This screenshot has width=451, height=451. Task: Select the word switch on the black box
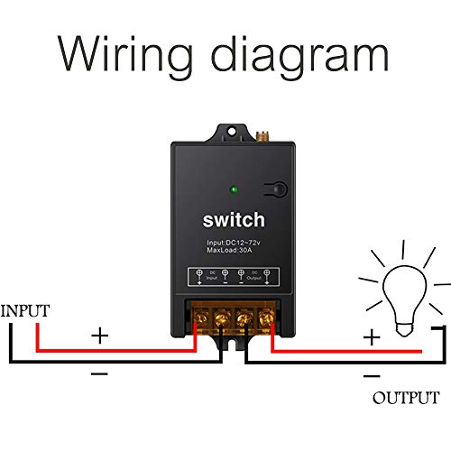(x=233, y=220)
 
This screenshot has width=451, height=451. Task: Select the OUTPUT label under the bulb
(x=406, y=397)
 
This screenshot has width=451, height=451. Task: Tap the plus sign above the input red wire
(x=99, y=336)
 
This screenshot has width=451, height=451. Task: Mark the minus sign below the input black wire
(x=99, y=373)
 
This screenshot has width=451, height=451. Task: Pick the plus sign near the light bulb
(x=371, y=337)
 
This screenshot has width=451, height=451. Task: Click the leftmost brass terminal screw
(x=199, y=317)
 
